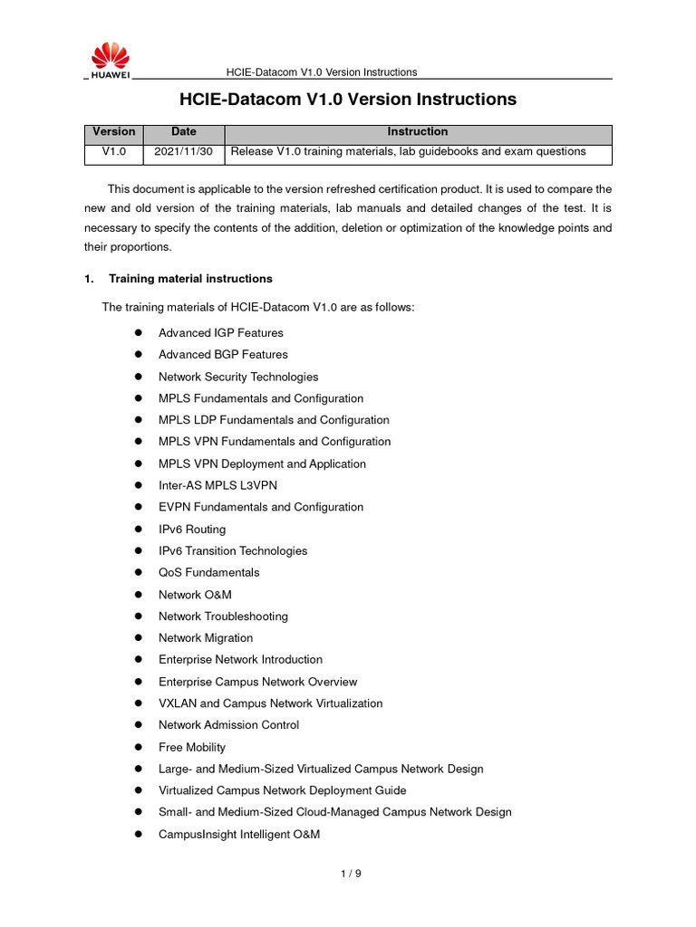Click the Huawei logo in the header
[109, 60]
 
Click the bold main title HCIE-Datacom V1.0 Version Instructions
[347, 100]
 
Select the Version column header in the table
[113, 132]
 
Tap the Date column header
[183, 132]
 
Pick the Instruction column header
[417, 132]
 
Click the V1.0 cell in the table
[113, 152]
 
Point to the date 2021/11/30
[183, 152]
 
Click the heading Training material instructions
[190, 279]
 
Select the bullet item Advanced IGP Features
[220, 333]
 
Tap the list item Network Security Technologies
[238, 377]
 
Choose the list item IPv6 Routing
[192, 530]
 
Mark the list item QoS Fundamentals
[208, 573]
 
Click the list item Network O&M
[195, 595]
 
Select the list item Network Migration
[206, 638]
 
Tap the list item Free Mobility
[192, 748]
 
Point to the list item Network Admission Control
[228, 725]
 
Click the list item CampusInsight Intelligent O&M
[239, 835]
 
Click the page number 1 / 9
[351, 874]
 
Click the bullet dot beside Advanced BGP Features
[140, 355]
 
